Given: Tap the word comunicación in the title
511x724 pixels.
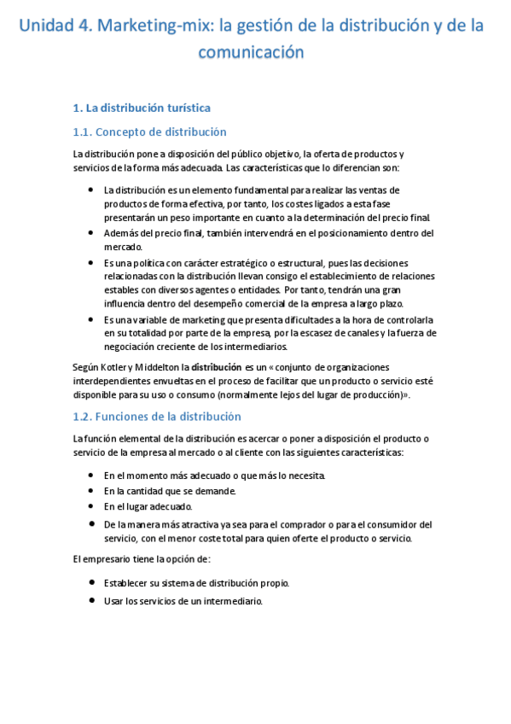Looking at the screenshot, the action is [x=251, y=52].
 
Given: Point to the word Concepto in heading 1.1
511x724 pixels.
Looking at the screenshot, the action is [x=123, y=131].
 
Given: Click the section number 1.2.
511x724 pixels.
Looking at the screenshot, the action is [x=83, y=417].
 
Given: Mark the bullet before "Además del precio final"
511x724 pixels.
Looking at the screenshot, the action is [x=91, y=231].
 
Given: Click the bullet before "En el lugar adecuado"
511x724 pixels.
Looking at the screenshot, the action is [x=91, y=506].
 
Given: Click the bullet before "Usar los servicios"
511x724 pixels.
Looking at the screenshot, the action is [x=91, y=601].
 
